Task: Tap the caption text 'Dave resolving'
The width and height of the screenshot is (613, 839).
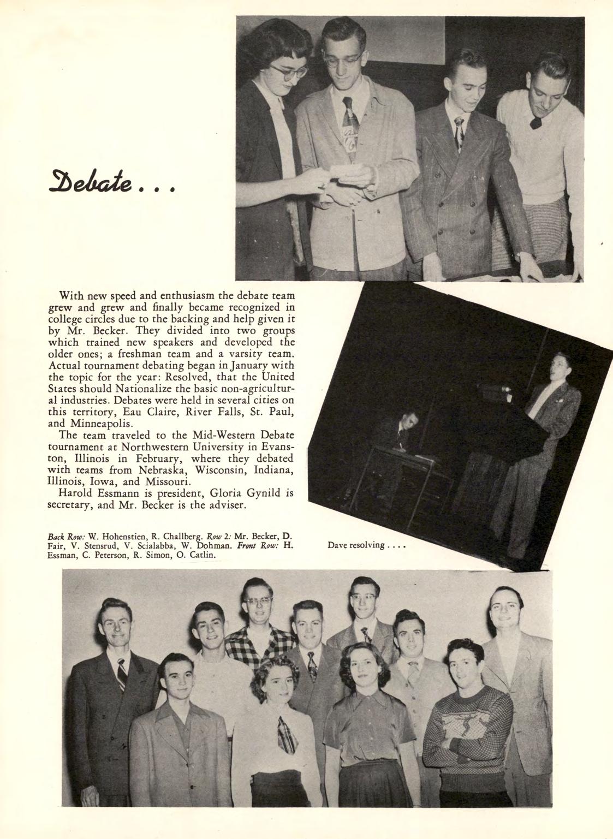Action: coord(355,545)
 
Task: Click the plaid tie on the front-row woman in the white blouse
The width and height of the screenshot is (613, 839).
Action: coord(287,734)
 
